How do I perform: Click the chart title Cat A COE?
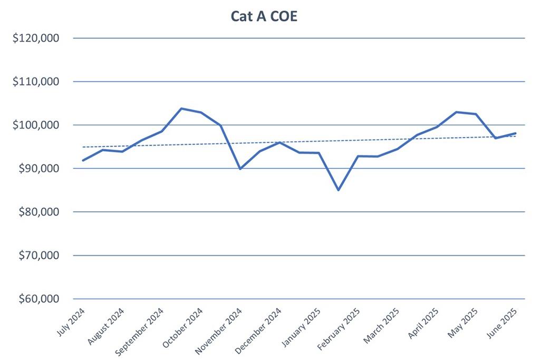pos(264,16)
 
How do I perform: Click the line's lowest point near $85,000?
pos(338,190)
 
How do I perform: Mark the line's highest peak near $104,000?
pos(181,109)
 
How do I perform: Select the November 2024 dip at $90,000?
pos(240,169)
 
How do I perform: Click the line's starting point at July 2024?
pos(83,160)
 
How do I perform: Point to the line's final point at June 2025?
pos(515,133)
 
